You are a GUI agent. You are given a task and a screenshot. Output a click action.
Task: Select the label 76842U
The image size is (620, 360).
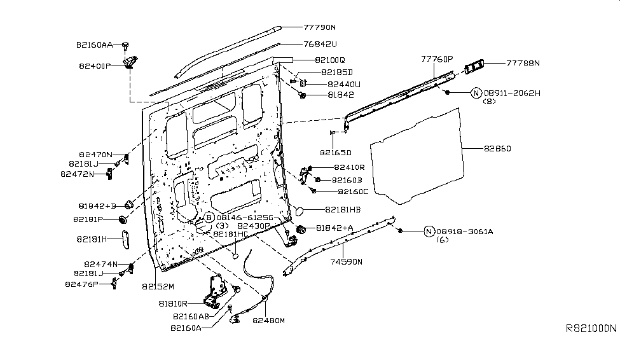[x=319, y=45]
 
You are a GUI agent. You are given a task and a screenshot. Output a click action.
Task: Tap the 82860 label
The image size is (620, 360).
[x=497, y=149]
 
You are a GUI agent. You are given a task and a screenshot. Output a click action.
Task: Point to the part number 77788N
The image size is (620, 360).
[x=523, y=63]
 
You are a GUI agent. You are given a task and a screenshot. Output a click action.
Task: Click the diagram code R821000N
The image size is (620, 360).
[x=591, y=329]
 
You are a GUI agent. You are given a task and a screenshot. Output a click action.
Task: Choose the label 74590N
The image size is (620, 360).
[x=346, y=261]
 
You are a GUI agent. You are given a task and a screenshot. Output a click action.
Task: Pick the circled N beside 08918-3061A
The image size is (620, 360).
[x=429, y=232]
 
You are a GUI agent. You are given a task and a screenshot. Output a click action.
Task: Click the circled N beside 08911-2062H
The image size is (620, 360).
[x=476, y=93]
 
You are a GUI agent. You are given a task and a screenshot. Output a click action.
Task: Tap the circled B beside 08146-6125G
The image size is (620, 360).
[x=209, y=218]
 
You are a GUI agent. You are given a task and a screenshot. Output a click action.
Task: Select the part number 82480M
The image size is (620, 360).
[x=268, y=321]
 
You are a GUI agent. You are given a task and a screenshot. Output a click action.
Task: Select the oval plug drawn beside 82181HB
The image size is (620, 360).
[x=302, y=210]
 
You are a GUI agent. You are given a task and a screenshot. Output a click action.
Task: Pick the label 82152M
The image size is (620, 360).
[x=158, y=287]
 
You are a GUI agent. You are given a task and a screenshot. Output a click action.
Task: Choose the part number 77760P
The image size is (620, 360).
[x=436, y=59]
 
